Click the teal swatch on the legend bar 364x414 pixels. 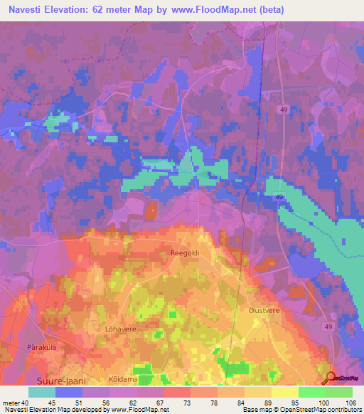point(41,392)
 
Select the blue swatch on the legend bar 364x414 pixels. point(68,392)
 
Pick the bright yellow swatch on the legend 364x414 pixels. point(284,392)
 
